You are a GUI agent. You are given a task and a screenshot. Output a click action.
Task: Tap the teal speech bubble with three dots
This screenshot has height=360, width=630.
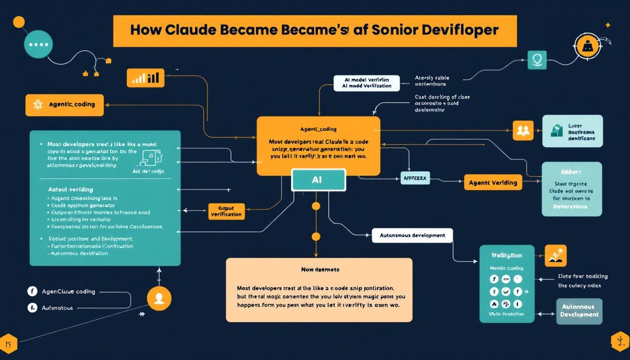tap(36, 45)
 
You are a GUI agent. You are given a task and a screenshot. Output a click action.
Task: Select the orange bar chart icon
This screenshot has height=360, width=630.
tap(146, 77)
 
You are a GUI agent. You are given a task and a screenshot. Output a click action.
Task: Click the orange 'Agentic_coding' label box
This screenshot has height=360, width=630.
tap(64, 105)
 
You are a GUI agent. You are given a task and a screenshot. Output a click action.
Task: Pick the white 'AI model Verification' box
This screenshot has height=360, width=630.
tap(367, 83)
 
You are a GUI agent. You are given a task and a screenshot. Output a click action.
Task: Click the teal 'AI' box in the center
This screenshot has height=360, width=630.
tap(318, 180)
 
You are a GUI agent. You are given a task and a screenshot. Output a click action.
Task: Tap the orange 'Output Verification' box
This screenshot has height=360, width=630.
tap(226, 211)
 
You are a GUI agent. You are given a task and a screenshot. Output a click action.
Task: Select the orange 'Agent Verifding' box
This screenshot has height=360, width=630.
tap(493, 182)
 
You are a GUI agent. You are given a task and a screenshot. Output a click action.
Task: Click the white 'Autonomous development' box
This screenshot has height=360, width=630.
tap(412, 235)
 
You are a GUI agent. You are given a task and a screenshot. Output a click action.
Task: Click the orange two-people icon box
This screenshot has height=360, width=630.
tap(523, 131)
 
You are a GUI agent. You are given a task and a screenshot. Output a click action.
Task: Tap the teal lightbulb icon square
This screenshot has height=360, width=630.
tap(537, 60)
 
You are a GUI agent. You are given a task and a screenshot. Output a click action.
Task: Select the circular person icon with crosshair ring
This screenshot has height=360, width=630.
tap(586, 46)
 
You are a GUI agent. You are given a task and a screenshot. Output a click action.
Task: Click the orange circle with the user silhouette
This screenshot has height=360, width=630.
tap(159, 298)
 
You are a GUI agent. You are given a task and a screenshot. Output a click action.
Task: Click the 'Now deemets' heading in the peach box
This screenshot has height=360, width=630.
tap(320, 270)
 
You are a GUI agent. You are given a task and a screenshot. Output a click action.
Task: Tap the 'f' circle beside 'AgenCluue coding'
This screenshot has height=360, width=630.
tap(32, 292)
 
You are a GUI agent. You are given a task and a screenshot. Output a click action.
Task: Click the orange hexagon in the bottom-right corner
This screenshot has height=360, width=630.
tap(620, 342)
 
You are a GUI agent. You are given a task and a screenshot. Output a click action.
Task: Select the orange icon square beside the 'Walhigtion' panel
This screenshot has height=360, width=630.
tap(555, 256)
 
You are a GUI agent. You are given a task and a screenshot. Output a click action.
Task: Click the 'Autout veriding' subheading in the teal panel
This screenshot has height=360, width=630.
tap(70, 189)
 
